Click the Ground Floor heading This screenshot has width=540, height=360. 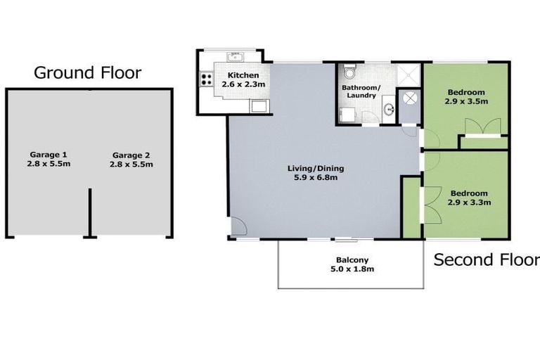88,72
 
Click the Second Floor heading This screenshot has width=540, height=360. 486,259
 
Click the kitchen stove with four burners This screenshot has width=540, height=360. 207,79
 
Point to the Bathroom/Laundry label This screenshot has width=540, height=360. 359,91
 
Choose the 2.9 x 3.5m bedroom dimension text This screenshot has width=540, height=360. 466,101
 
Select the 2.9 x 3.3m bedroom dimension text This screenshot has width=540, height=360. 468,202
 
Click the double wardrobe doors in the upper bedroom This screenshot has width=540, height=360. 482,126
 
